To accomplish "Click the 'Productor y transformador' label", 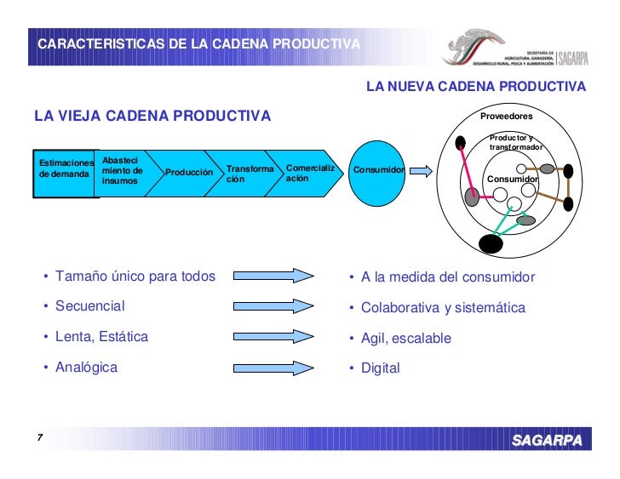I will [515, 143].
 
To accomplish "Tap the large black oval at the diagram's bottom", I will [491, 244].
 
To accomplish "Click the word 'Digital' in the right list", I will [380, 368].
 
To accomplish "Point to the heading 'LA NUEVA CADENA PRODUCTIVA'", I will [475, 87].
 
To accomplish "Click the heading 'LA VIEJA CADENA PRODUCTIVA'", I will [152, 116].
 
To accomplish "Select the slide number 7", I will [39, 438].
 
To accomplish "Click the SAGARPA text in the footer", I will [547, 440].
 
